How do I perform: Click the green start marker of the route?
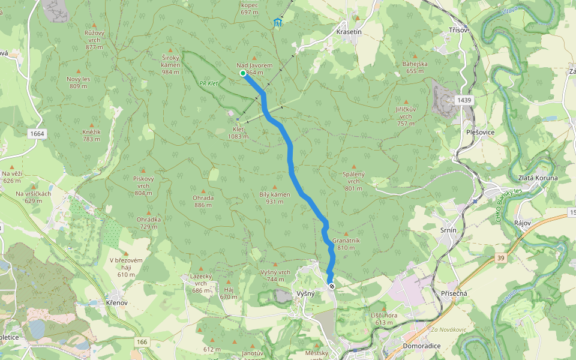(x=243, y=73)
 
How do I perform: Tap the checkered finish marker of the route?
(x=331, y=286)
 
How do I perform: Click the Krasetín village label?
(x=349, y=31)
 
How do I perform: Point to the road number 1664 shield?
(x=37, y=133)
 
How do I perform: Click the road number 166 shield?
(x=142, y=342)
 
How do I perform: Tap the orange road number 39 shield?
(x=500, y=257)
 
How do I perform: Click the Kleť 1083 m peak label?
(x=238, y=133)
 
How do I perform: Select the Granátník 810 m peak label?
(x=346, y=244)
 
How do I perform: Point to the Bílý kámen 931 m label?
(x=275, y=197)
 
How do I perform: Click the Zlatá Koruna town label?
(x=538, y=178)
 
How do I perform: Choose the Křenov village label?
(x=116, y=302)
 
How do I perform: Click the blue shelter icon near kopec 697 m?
(x=277, y=23)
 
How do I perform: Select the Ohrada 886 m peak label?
(x=203, y=201)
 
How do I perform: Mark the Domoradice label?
(x=422, y=346)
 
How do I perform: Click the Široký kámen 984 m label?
(x=170, y=64)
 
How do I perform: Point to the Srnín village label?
(x=448, y=230)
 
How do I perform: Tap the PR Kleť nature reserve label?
(x=208, y=83)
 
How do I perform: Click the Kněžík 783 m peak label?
(x=91, y=135)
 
